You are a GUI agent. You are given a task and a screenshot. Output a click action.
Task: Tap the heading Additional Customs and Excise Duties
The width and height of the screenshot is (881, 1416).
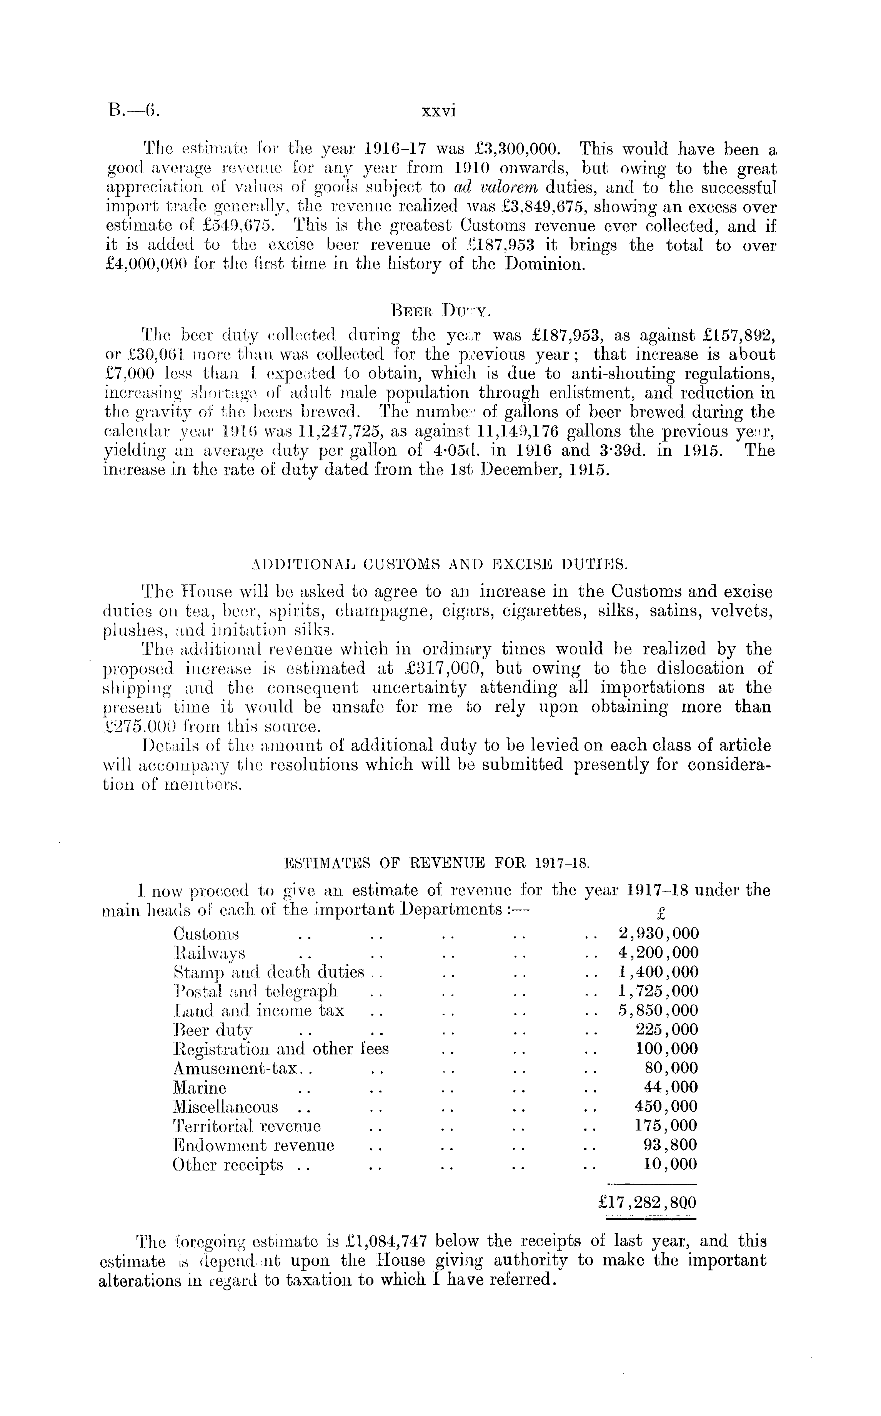[x=440, y=564]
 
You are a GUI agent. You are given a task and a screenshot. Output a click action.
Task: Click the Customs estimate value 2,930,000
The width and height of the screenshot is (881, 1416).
[x=658, y=934]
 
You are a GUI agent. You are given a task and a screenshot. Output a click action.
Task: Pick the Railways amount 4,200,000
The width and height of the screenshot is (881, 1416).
[x=658, y=953]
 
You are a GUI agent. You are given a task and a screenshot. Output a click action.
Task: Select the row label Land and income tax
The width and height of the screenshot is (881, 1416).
[x=259, y=1010]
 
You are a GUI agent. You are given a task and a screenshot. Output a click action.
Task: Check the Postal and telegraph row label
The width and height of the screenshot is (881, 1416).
[x=255, y=991]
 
